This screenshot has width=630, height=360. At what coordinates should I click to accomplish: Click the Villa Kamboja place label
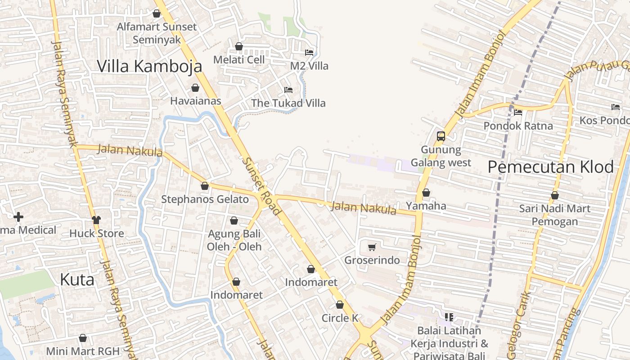[x=149, y=66]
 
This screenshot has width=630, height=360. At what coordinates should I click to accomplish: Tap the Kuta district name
[x=77, y=279]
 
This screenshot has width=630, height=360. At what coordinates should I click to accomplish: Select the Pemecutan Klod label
[x=550, y=167]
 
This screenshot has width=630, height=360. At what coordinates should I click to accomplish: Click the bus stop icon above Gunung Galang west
[x=441, y=136]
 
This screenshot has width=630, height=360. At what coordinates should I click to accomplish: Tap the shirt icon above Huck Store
[x=96, y=220]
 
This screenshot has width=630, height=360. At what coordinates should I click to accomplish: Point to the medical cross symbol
[x=18, y=217]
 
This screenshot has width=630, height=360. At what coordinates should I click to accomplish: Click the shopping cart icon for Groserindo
[x=372, y=247]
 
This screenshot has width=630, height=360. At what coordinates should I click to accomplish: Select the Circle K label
[x=340, y=318]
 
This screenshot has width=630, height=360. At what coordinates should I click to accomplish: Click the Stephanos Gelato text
[x=205, y=199]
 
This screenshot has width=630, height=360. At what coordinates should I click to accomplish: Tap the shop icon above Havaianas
[x=195, y=88]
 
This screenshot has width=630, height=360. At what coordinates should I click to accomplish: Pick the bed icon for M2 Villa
[x=309, y=53]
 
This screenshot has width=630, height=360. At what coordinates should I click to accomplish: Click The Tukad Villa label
[x=288, y=103]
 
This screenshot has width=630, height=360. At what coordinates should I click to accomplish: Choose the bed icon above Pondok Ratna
[x=518, y=112]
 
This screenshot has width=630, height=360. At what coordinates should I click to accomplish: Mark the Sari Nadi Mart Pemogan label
[x=554, y=215]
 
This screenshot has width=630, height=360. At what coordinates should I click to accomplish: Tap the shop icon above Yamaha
[x=426, y=193]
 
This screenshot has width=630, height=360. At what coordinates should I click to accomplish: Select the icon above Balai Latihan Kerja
[x=449, y=317]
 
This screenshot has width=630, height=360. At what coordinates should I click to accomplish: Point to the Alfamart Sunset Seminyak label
[x=157, y=33]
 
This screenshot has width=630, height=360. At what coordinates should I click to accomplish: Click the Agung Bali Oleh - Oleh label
[x=234, y=240]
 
